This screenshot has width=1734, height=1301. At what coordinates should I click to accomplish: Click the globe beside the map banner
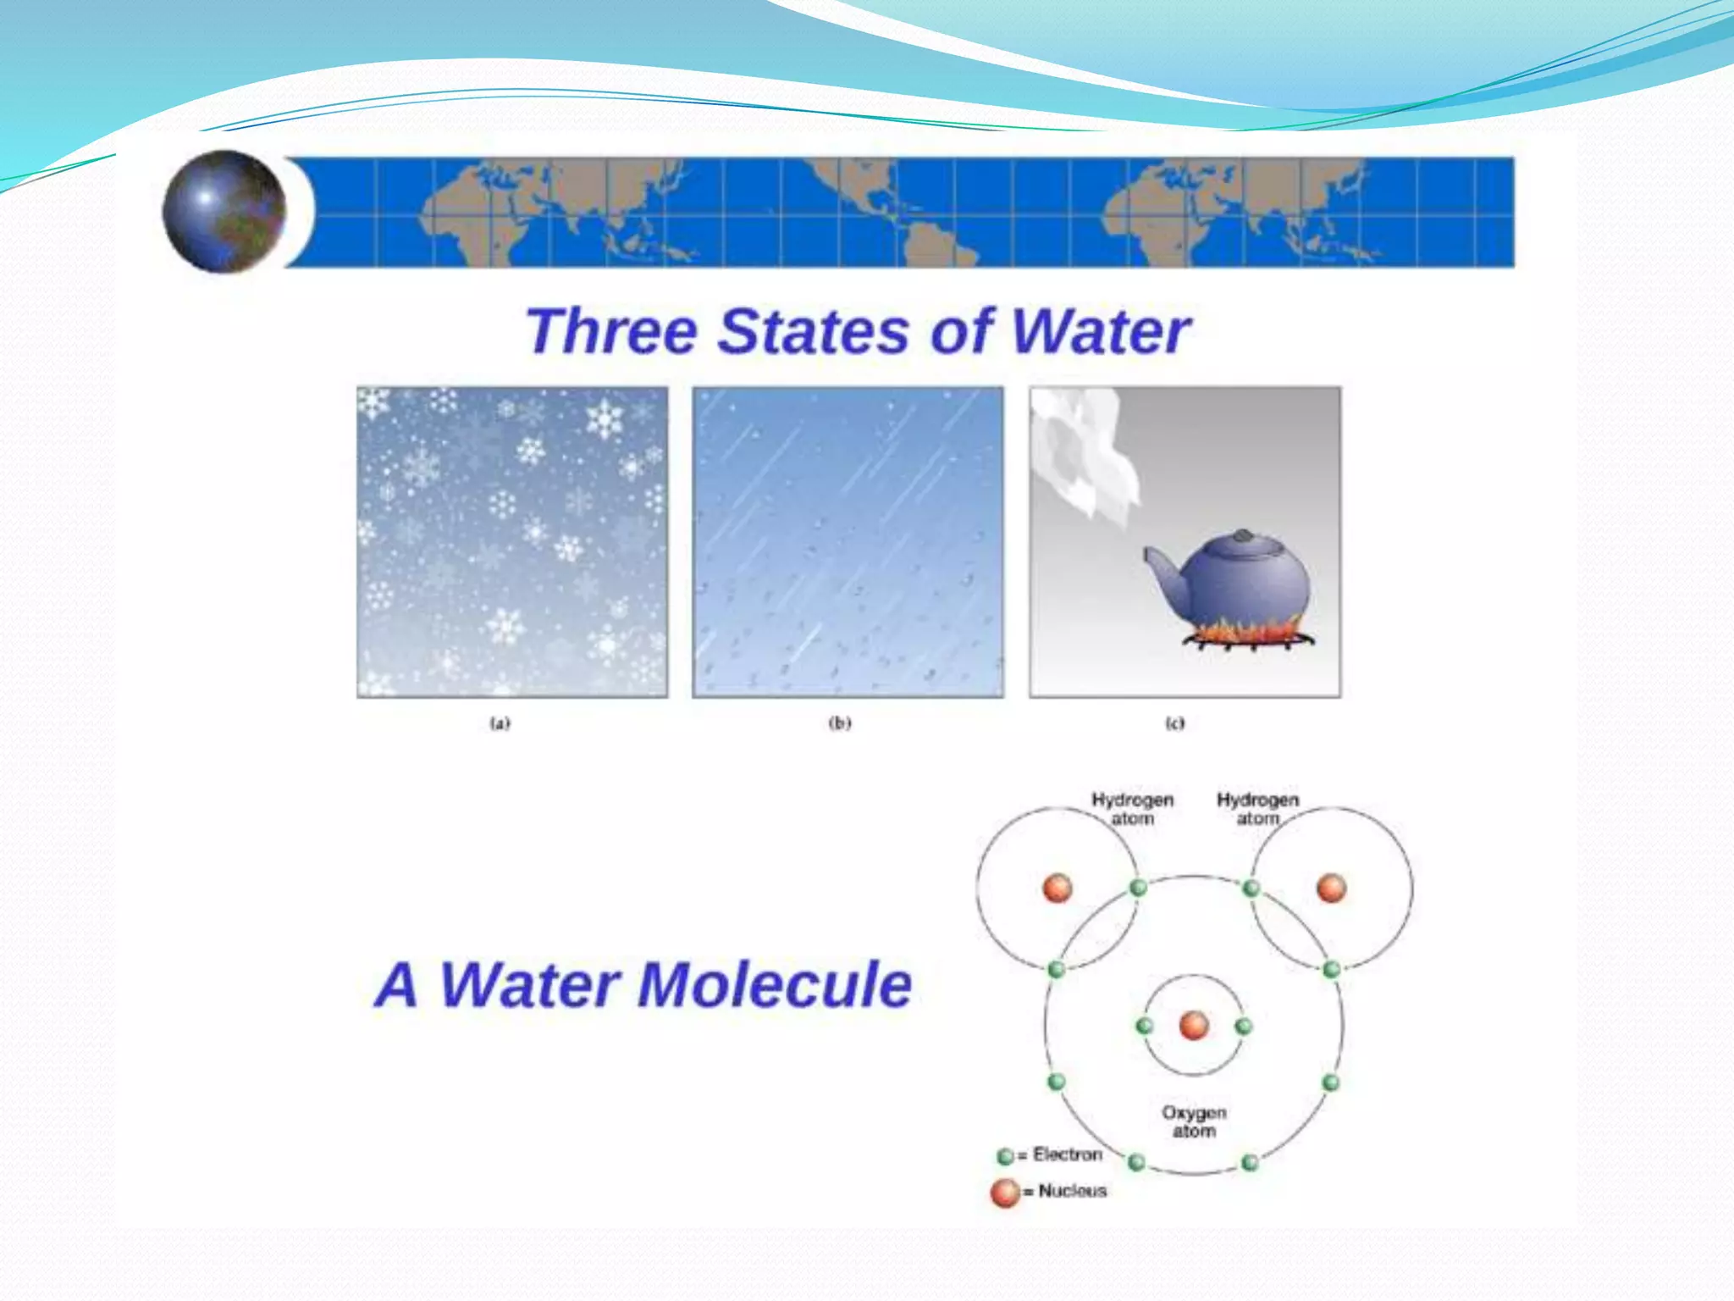pos(224,211)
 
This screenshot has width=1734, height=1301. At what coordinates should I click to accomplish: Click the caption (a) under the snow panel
pos(500,723)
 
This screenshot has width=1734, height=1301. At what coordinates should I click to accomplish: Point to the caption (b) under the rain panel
pos(839,723)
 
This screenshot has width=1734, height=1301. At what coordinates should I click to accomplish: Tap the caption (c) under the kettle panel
pos(1175,723)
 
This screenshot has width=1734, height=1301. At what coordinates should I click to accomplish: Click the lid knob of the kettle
pos(1243,536)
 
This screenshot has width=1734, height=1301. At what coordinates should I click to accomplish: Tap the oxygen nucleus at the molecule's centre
pos(1194,1026)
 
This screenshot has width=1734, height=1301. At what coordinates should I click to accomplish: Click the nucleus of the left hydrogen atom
pos(1058,889)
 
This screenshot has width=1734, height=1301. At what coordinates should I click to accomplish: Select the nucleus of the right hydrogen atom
pos(1331,889)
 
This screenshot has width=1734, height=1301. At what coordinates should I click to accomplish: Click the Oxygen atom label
pos(1194,1121)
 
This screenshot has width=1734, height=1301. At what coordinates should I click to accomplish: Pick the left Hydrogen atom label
pos(1132,809)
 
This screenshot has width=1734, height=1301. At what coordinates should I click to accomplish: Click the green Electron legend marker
pos(1006,1156)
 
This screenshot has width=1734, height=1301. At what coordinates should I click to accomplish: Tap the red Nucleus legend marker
pos(1005,1193)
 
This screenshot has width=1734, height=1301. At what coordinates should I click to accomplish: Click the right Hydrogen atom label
pos(1257,809)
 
